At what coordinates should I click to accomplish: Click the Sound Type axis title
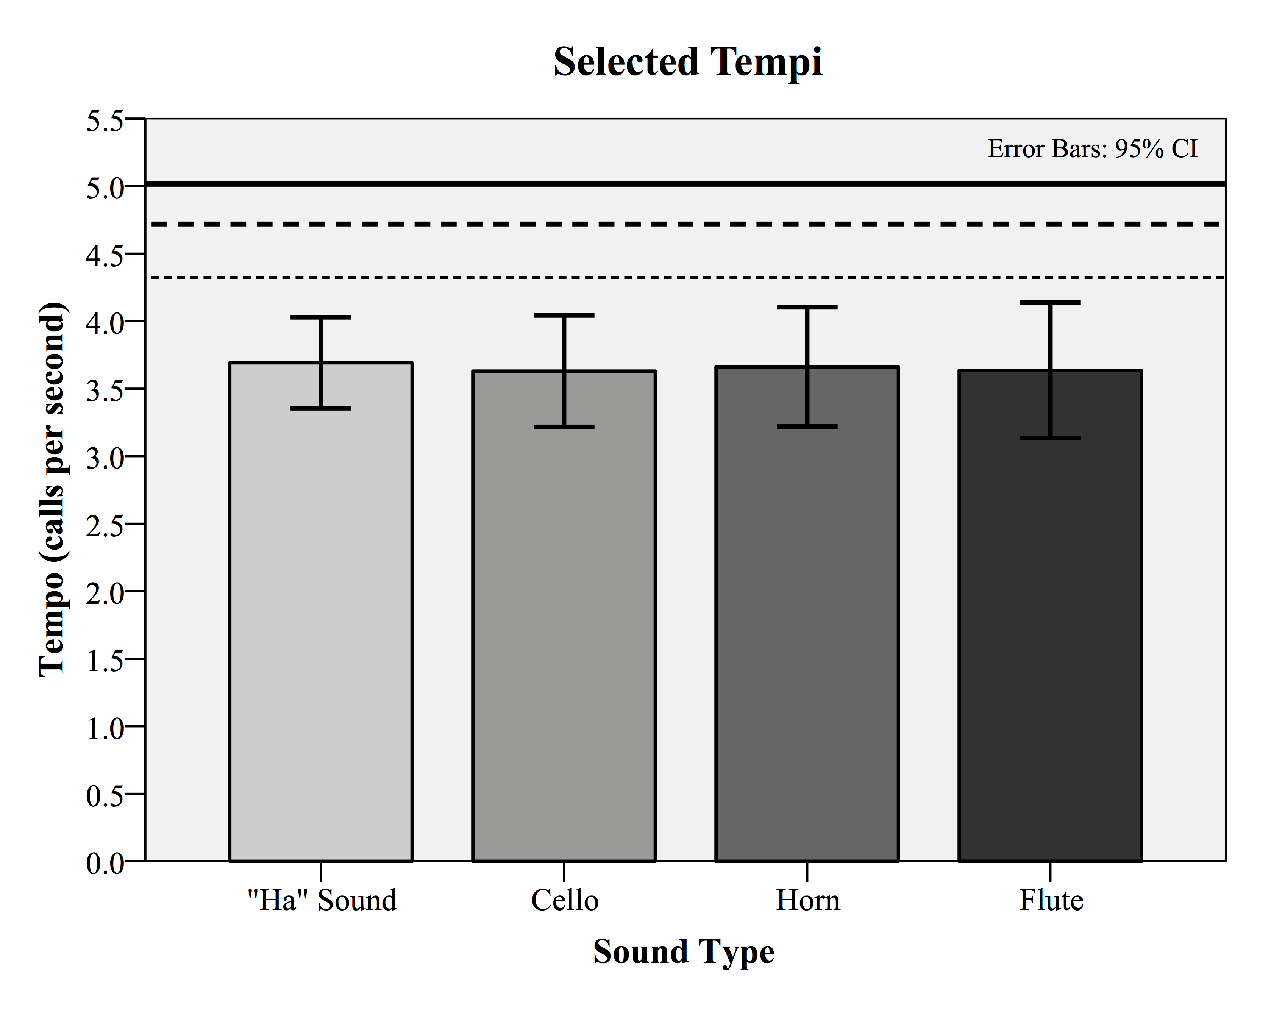tap(683, 952)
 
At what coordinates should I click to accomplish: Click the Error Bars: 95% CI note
tap(1093, 149)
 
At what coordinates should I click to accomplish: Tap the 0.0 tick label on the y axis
tap(105, 863)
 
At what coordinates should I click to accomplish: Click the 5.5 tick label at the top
tap(105, 121)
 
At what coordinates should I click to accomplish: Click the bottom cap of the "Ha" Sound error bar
tap(321, 408)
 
